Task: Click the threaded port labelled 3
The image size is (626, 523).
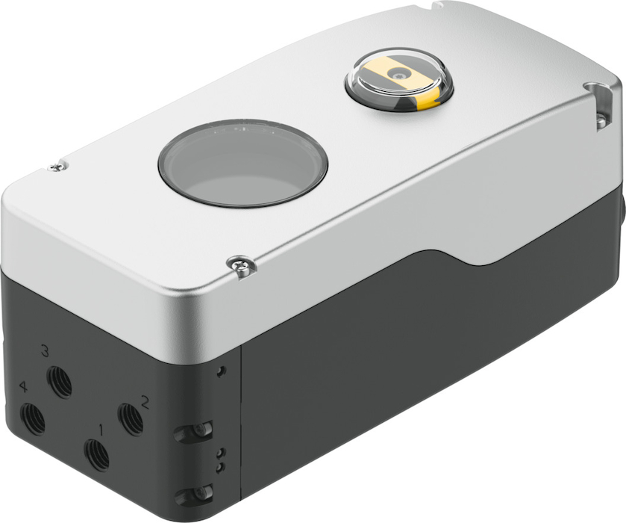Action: [59, 381]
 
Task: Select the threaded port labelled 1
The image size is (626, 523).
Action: [96, 455]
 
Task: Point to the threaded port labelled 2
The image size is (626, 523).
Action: [131, 420]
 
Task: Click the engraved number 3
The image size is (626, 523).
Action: [45, 352]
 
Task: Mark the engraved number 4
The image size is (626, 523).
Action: [25, 387]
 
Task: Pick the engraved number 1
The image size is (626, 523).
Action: [101, 430]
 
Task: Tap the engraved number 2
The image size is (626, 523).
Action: [145, 402]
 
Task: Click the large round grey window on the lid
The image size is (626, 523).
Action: [242, 163]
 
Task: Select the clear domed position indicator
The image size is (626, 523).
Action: [399, 79]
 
